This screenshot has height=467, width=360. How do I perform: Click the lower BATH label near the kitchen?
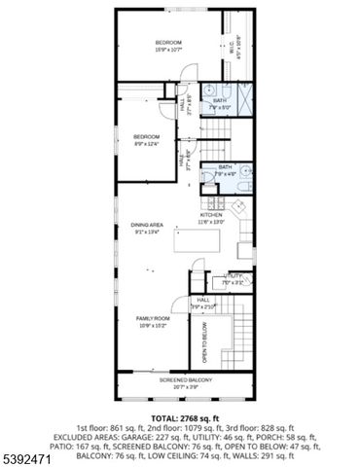[226, 168]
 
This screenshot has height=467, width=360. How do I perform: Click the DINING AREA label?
[148, 228]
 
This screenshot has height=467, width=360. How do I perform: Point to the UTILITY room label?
[234, 278]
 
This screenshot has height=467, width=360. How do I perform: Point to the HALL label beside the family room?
[203, 303]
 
